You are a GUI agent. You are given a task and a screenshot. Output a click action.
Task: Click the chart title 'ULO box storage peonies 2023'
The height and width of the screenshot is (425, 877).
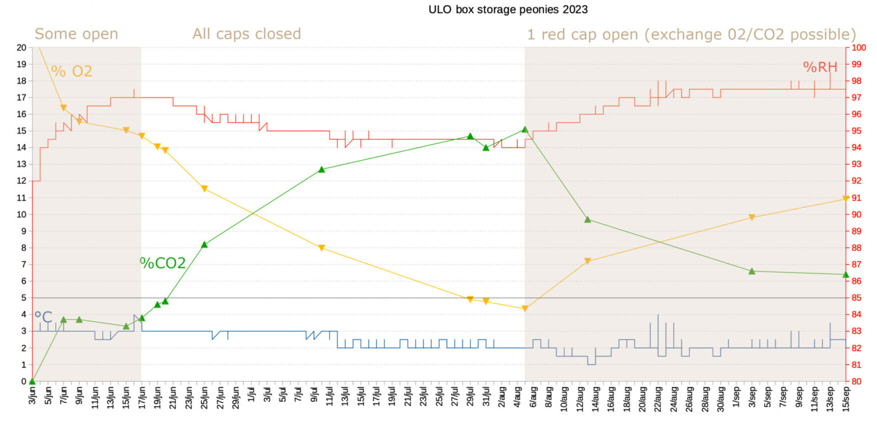(x=508, y=9)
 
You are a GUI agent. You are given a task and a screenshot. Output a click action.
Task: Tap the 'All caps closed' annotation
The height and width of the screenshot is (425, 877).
(x=246, y=34)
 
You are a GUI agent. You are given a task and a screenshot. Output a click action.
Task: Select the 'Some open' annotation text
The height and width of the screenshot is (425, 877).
(x=76, y=34)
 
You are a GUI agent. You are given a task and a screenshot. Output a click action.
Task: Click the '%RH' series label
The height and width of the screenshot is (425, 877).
(x=820, y=67)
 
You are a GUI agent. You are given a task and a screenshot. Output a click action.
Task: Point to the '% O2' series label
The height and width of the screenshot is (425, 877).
(x=71, y=71)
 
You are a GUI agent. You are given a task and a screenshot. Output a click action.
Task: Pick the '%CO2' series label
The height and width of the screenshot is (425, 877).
(x=163, y=263)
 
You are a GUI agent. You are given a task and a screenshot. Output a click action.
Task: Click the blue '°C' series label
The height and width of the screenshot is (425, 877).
(x=43, y=317)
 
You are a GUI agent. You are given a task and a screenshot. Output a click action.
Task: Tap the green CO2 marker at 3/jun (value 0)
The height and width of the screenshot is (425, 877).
(x=33, y=381)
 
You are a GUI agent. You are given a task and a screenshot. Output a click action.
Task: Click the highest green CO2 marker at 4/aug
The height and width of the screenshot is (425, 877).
(x=525, y=130)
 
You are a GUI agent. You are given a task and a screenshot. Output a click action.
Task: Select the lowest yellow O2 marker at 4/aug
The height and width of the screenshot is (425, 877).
(x=525, y=308)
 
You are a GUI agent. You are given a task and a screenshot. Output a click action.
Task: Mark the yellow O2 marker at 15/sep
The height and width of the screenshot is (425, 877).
(x=846, y=199)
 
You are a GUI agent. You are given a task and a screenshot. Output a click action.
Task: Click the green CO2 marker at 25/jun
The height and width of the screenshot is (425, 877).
(x=204, y=244)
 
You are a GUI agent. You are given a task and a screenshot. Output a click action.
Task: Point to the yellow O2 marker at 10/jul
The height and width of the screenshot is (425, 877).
(x=321, y=248)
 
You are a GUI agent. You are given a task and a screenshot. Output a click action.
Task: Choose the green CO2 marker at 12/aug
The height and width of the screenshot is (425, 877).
(x=588, y=219)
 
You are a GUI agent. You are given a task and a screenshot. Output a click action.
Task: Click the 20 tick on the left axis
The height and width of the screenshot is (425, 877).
(x=22, y=47)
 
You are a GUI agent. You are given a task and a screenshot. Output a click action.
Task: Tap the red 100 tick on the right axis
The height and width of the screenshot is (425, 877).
(x=858, y=47)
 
